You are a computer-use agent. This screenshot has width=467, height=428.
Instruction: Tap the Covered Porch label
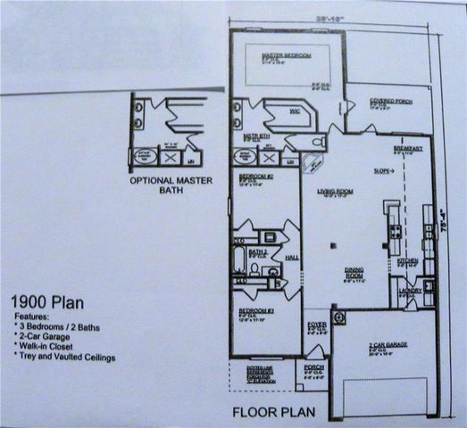(366, 102)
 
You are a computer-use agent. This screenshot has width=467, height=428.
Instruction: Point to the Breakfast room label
(407, 148)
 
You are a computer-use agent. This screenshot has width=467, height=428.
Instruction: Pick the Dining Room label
(355, 273)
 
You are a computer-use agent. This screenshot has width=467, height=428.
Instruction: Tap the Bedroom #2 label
(254, 177)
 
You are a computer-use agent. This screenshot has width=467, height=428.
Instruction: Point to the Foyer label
(316, 325)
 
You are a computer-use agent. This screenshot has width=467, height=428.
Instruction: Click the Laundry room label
(409, 290)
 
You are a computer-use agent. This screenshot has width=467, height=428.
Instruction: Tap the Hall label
(291, 255)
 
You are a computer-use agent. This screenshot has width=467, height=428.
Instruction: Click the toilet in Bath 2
(255, 267)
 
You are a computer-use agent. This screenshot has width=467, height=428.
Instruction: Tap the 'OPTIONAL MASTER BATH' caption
(168, 185)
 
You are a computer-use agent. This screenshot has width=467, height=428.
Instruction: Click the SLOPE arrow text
(384, 169)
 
